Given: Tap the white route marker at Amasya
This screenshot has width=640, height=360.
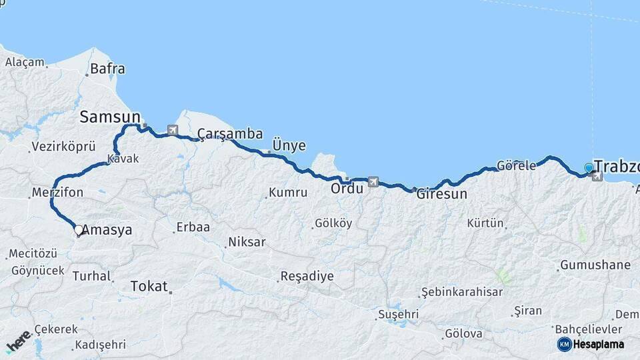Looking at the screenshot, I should pyautogui.click(x=79, y=230).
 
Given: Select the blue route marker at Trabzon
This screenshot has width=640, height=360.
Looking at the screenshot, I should pyautogui.click(x=589, y=168).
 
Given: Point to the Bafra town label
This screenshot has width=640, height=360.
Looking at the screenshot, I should pyautogui.click(x=107, y=68).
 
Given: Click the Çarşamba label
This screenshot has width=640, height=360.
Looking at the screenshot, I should pyautogui.click(x=230, y=134).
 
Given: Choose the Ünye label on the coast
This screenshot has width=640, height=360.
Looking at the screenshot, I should pyautogui.click(x=289, y=145).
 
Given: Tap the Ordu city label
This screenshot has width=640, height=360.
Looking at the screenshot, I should pyautogui.click(x=347, y=189).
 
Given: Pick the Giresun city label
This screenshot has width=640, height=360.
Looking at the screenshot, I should pyautogui.click(x=441, y=195).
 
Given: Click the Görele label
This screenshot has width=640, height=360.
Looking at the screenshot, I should pyautogui.click(x=517, y=166).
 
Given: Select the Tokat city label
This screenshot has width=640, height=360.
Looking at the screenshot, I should pyautogui.click(x=149, y=286).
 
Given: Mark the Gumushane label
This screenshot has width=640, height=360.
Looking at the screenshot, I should pyautogui.click(x=595, y=265).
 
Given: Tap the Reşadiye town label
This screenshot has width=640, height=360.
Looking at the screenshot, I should pyautogui.click(x=307, y=276).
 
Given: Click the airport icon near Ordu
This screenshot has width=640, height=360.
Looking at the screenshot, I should pyautogui.click(x=372, y=182).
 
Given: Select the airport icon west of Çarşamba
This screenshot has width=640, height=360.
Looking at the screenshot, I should pyautogui.click(x=173, y=130).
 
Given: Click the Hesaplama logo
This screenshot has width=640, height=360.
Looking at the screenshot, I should pyautogui.click(x=591, y=344).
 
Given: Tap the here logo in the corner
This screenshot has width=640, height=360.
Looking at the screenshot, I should pyautogui.click(x=19, y=341).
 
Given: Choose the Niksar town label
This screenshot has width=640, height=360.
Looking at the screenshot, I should pyautogui.click(x=247, y=242).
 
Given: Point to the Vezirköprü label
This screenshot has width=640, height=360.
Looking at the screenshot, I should pyautogui.click(x=63, y=147).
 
